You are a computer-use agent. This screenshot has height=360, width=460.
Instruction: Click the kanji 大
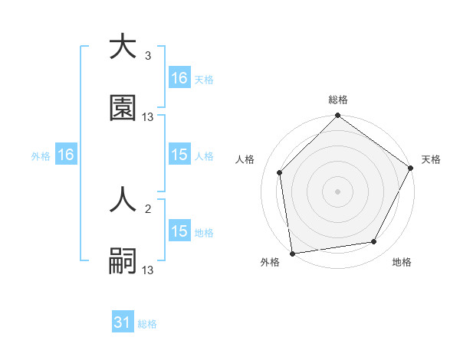point(123,47)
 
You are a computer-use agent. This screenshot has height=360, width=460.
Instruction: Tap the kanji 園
point(123,108)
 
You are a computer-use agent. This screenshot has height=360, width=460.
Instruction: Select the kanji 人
point(123,200)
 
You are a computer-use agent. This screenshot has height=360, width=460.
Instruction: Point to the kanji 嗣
point(123,261)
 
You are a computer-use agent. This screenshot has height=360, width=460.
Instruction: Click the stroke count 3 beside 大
point(147,56)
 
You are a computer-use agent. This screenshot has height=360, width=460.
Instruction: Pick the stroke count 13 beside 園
point(148,117)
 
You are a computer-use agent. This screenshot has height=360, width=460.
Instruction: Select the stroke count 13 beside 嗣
point(148,270)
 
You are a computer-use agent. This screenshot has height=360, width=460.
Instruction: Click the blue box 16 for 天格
point(179,78)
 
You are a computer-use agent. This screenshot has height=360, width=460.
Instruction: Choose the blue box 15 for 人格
point(179,155)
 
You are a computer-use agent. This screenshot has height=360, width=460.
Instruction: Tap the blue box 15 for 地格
point(179,231)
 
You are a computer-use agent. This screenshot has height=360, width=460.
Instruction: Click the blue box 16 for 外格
point(66,155)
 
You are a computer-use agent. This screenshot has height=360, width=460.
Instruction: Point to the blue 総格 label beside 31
point(147,324)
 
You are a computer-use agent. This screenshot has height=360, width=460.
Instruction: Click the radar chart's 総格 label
point(337,100)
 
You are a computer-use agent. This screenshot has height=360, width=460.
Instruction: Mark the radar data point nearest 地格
point(374,242)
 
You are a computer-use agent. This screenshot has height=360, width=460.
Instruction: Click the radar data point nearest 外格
point(292,253)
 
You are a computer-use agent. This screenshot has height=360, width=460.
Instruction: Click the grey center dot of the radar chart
point(337,191)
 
